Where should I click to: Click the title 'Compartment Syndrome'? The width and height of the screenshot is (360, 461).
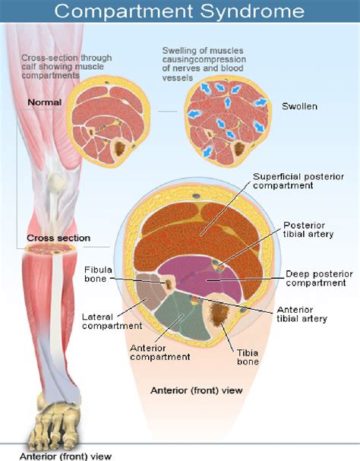coord(180,11)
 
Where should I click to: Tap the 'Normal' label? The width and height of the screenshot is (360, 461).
coord(45,103)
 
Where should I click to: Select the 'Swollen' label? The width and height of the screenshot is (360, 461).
coord(299,106)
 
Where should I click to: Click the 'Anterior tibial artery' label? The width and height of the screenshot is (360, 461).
coord(302,314)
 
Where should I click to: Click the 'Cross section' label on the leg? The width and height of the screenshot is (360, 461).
coord(58,238)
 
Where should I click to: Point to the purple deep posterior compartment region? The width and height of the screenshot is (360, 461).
coord(190,277)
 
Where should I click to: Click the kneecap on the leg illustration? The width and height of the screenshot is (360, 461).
coord(53,182)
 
